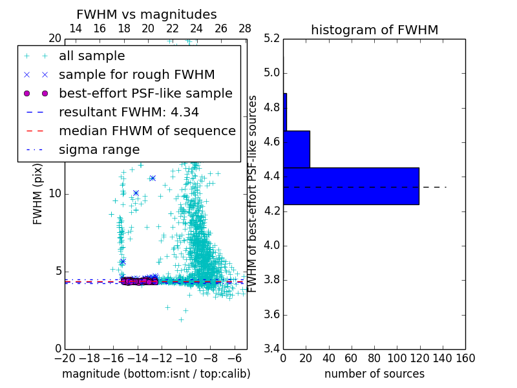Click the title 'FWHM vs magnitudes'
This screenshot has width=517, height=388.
pyautogui.click(x=147, y=14)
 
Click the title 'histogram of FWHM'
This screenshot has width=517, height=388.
pyautogui.click(x=374, y=30)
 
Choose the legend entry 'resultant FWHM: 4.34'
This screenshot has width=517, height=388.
pyautogui.click(x=129, y=112)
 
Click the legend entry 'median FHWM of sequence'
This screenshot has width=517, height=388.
pyautogui.click(x=147, y=131)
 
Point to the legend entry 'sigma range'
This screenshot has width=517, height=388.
pyautogui.click(x=99, y=149)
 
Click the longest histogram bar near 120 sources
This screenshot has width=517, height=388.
pyautogui.click(x=351, y=186)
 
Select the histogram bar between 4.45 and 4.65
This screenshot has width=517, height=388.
pyautogui.click(x=297, y=149)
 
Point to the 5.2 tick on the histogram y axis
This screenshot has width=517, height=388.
pyautogui.click(x=272, y=38)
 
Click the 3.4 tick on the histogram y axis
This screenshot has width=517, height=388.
pyautogui.click(x=272, y=349)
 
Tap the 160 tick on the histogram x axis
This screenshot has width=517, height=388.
pyautogui.click(x=465, y=358)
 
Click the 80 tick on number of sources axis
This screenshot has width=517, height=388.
pyautogui.click(x=374, y=358)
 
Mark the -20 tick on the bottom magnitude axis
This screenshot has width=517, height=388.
pyautogui.click(x=65, y=358)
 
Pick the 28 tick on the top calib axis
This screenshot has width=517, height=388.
pyautogui.click(x=245, y=28)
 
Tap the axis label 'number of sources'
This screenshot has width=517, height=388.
pyautogui.click(x=374, y=374)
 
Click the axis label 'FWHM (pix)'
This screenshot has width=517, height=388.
pyautogui.click(x=38, y=194)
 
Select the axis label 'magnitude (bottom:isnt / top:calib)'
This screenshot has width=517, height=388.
pyautogui.click(x=156, y=374)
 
